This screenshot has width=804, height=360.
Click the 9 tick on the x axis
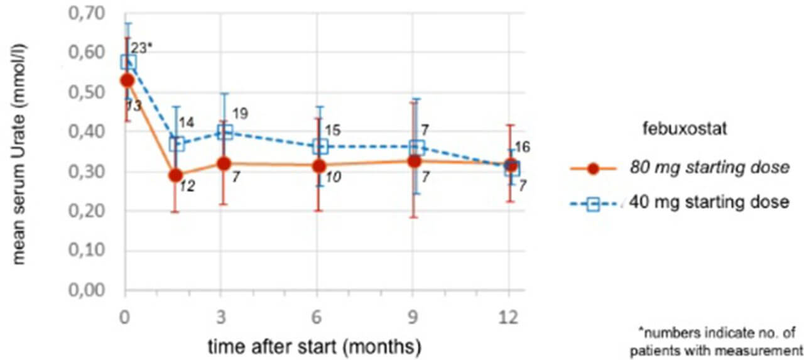(x=413, y=318)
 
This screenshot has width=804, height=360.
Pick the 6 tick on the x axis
(x=318, y=318)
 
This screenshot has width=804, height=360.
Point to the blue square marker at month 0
(x=128, y=62)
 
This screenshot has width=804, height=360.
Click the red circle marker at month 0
(x=127, y=80)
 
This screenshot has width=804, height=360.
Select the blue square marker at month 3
(x=225, y=132)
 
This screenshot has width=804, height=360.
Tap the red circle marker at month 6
(x=319, y=166)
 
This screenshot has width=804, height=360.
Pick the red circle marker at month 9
(x=414, y=161)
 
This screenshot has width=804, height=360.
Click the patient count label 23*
(x=143, y=47)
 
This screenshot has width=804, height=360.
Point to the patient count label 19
(x=240, y=114)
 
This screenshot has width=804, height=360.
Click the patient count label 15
(x=333, y=130)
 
